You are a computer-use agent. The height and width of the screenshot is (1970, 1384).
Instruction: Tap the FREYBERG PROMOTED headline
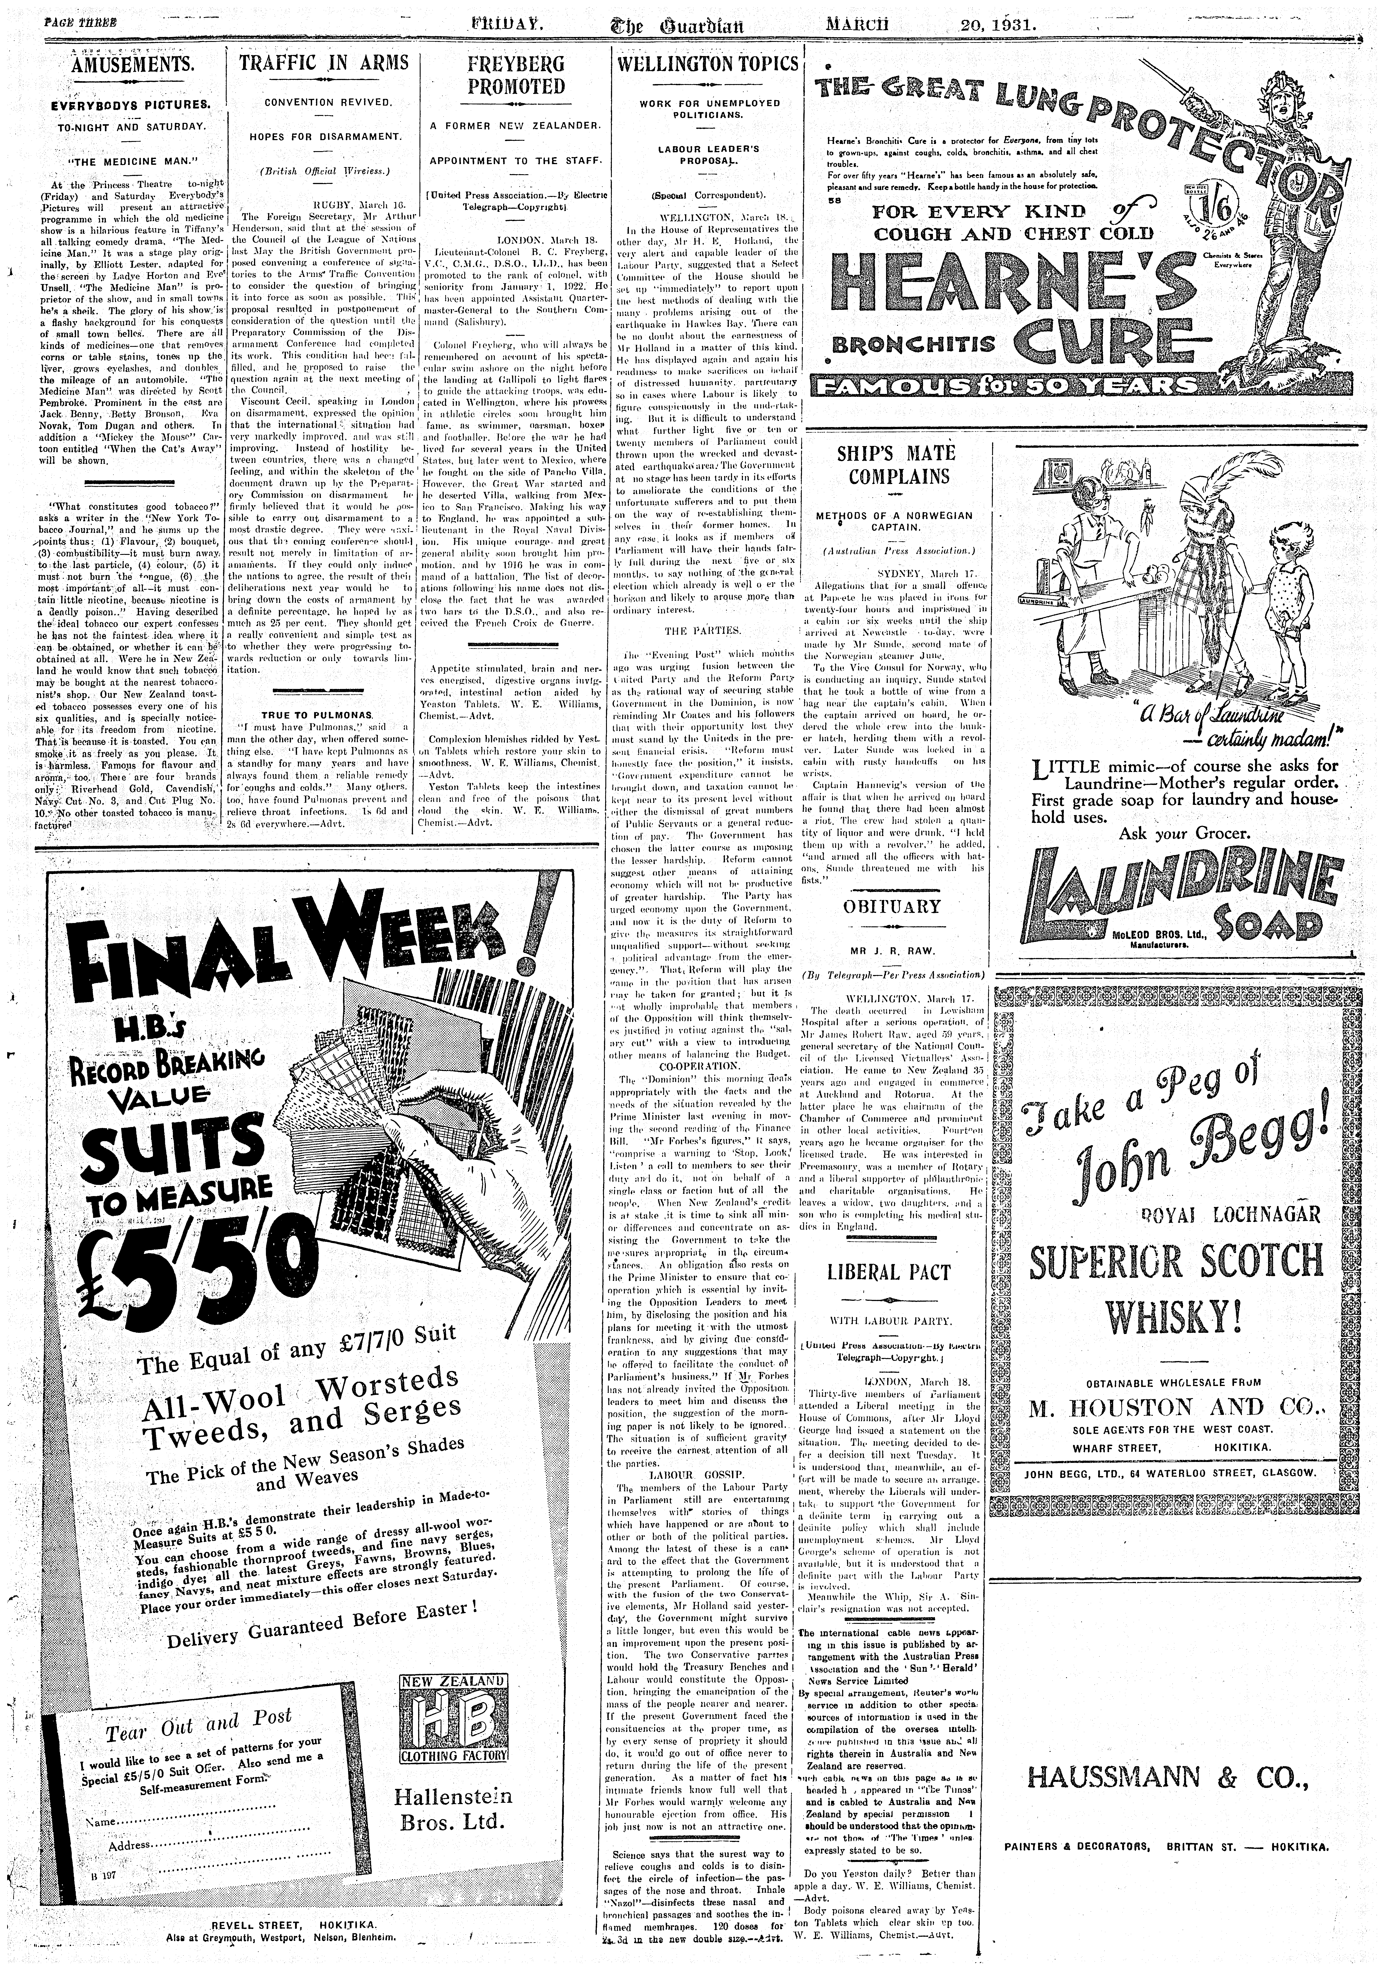tap(516, 76)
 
